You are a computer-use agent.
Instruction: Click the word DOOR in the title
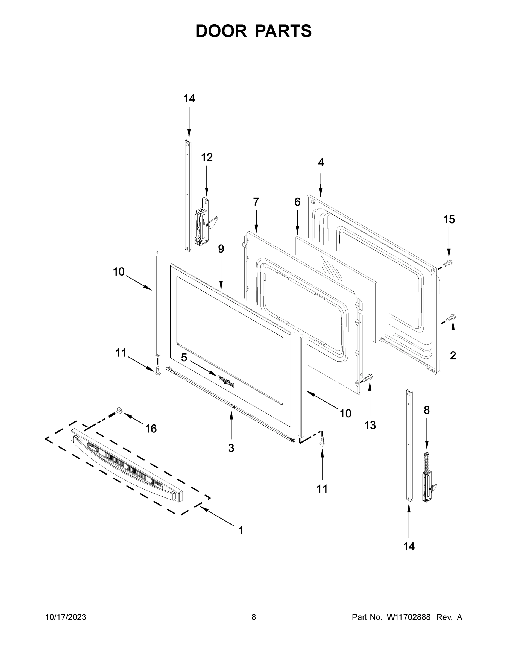(221, 31)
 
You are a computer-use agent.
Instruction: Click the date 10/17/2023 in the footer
(66, 617)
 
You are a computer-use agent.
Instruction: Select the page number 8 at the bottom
(254, 617)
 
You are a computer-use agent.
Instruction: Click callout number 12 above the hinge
(207, 157)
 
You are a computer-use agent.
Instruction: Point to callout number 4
(321, 163)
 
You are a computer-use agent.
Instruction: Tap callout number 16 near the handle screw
(151, 429)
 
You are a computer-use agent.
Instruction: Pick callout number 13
(370, 425)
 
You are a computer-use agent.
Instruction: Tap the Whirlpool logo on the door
(226, 381)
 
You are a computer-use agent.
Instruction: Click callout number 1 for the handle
(241, 531)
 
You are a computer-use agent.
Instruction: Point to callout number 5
(184, 358)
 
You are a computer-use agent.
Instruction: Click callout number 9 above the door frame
(221, 249)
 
